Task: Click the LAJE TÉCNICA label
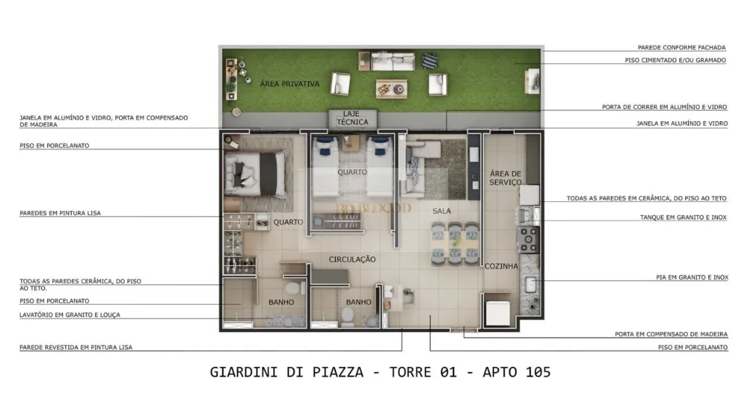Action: (352, 118)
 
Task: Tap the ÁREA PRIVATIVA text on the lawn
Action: (289, 84)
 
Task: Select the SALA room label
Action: (442, 211)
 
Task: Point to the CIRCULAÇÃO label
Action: (352, 259)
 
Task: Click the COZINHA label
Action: (501, 266)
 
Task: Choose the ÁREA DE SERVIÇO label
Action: (505, 178)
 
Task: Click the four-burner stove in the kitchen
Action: (528, 240)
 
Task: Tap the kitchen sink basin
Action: (531, 285)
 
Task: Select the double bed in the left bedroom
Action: (256, 174)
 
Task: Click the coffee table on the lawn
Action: (391, 89)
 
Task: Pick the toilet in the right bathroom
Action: (347, 317)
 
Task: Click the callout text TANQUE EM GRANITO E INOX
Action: (683, 217)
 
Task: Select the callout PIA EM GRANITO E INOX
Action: (692, 277)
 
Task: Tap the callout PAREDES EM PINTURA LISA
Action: (60, 213)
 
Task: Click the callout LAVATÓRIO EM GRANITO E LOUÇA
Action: (70, 315)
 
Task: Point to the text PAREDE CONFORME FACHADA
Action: (682, 48)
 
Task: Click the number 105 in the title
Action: (538, 372)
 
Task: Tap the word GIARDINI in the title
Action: (244, 372)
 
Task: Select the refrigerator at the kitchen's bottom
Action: (497, 313)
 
